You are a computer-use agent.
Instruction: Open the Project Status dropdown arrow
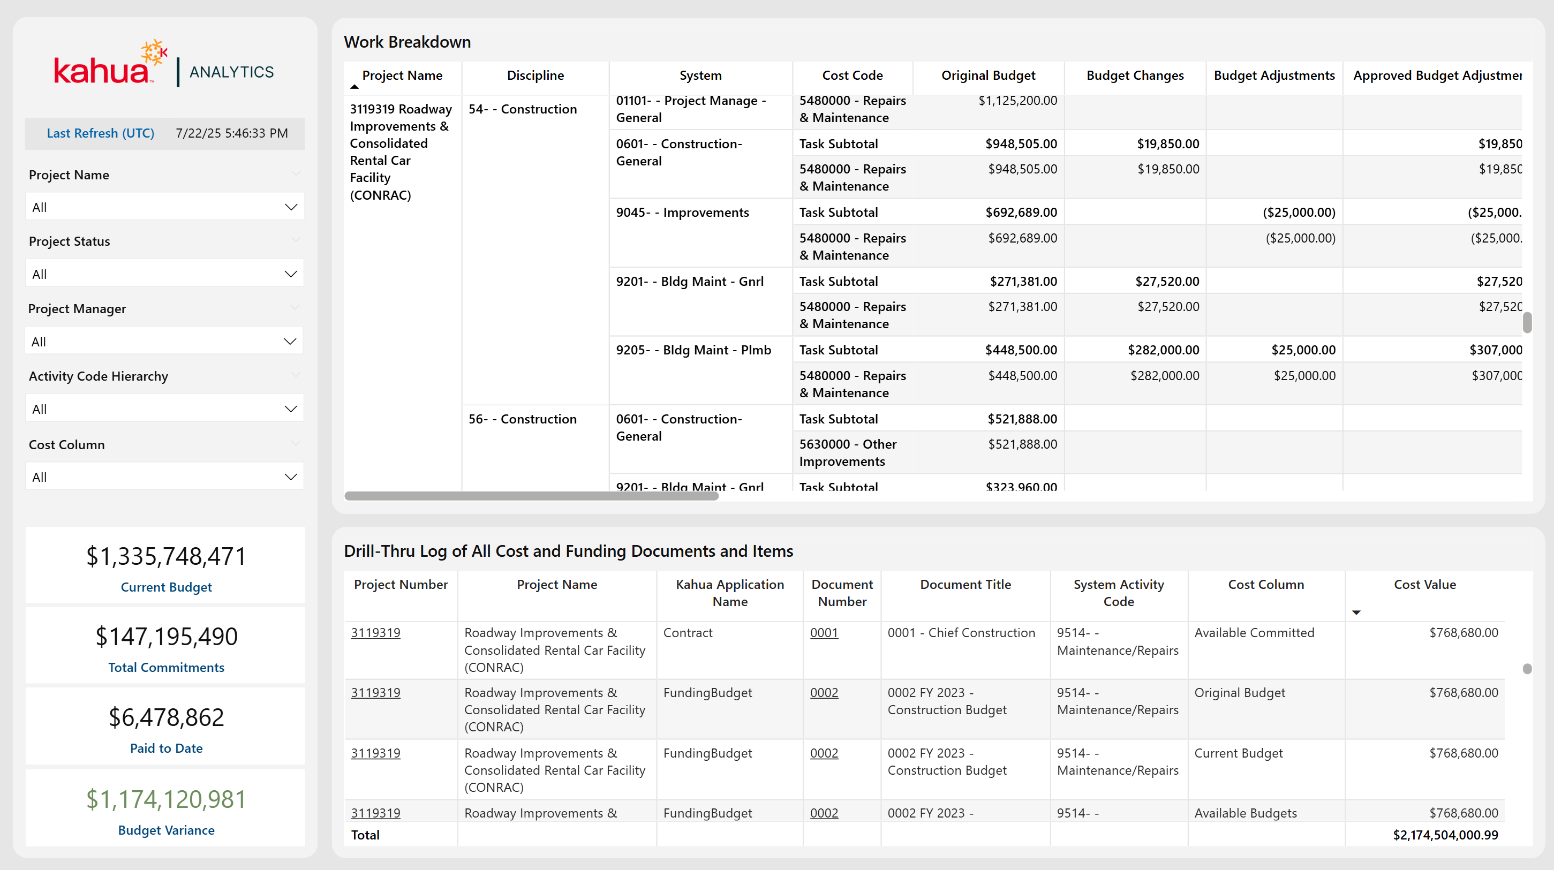point(291,274)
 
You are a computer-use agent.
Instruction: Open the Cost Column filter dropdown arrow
point(291,477)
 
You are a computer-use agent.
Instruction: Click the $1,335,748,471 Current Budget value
point(166,556)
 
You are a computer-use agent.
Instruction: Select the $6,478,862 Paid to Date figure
point(166,717)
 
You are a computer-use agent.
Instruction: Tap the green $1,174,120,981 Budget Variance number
point(166,799)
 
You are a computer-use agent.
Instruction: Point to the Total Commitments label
point(166,667)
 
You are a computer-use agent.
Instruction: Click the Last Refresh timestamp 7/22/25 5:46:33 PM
point(232,133)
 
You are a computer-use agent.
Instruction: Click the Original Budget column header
point(988,75)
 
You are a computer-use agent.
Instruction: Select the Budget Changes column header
point(1135,75)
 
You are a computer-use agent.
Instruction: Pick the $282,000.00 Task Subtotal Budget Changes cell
point(1163,350)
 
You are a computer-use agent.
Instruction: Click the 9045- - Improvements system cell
point(682,213)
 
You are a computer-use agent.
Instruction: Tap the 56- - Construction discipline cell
point(523,419)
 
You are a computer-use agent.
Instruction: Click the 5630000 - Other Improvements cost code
point(848,452)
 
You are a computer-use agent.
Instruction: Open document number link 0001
point(824,633)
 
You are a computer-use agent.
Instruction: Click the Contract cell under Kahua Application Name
point(688,633)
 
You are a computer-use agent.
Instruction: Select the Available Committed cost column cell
point(1254,633)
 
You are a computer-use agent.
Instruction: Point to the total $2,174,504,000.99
point(1445,835)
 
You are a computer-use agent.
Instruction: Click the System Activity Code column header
point(1119,593)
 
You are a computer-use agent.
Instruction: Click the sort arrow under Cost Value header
point(1356,612)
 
